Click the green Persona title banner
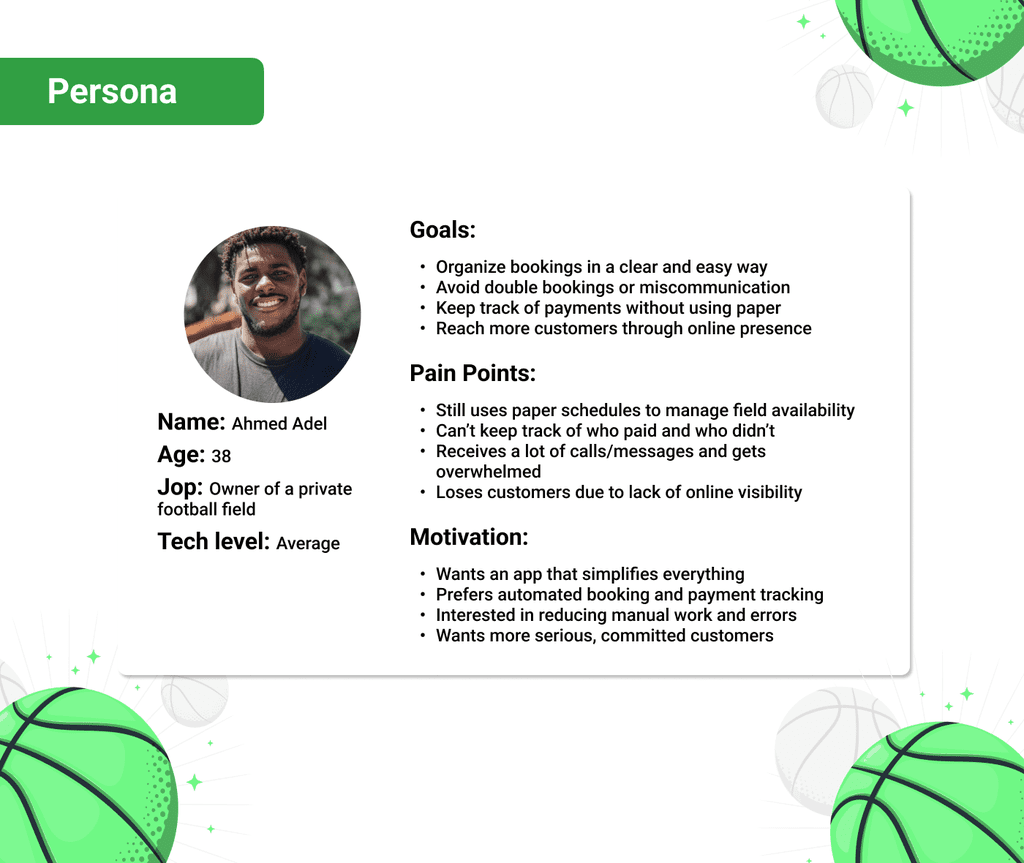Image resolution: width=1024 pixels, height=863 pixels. click(131, 91)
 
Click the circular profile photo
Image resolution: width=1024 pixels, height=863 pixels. click(272, 314)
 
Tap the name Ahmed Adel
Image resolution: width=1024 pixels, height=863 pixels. click(279, 424)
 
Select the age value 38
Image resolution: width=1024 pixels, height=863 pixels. click(221, 456)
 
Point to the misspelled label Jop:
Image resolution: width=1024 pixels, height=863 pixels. click(180, 488)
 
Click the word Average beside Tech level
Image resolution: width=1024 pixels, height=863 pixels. click(308, 544)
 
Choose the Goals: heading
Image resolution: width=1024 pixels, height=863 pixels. click(443, 230)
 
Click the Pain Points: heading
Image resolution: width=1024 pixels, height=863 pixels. click(473, 373)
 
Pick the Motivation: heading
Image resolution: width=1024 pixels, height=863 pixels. click(469, 537)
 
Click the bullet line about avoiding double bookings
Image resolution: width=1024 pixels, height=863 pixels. click(613, 287)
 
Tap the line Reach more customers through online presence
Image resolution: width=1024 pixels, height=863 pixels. click(624, 328)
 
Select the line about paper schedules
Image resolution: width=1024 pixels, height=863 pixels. click(645, 410)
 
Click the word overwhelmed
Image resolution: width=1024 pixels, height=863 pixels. click(488, 472)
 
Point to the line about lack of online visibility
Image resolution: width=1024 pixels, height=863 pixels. click(619, 492)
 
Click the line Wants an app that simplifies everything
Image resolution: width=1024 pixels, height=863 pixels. click(590, 574)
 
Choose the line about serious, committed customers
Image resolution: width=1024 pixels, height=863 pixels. click(605, 636)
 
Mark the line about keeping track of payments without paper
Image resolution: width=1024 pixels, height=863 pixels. click(608, 308)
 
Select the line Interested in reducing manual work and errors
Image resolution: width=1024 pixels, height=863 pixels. click(616, 615)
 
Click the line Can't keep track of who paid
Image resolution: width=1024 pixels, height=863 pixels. click(605, 431)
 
